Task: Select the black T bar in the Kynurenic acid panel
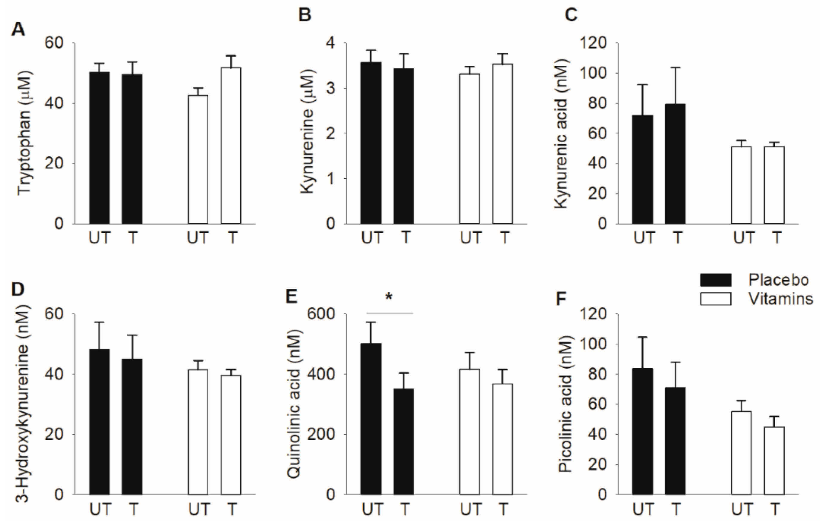tap(675, 164)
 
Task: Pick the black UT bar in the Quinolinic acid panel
tap(371, 419)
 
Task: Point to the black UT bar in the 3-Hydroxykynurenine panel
tap(99, 422)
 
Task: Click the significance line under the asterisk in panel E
tap(390, 313)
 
